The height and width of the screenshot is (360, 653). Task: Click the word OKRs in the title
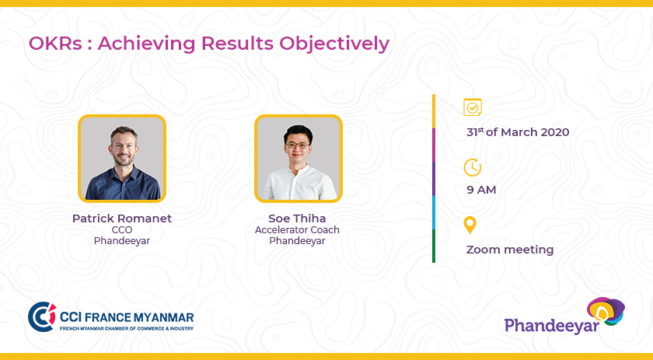pos(55,44)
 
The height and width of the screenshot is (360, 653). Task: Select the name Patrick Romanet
pos(121,218)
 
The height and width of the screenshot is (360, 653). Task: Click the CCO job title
pos(122,230)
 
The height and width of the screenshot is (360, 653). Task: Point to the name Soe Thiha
pos(297,218)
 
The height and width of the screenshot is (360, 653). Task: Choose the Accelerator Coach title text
pos(297,230)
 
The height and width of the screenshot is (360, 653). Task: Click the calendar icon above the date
pos(473,107)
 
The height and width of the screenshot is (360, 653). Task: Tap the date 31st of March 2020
pos(518,132)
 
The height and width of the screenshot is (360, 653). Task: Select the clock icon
pos(473,167)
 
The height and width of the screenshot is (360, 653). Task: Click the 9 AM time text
pos(481,190)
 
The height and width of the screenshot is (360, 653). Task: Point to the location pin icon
pos(470,225)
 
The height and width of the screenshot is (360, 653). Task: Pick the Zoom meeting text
pos(510,250)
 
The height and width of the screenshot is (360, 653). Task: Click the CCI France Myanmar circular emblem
pos(42,317)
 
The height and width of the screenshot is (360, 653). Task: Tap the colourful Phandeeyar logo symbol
pos(606,311)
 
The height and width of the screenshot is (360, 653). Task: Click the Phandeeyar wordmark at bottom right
pos(552,326)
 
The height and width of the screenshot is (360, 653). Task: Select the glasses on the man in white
pos(298,145)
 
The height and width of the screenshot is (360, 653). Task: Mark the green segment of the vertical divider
pos(434,246)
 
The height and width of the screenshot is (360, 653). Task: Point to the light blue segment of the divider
pos(434,212)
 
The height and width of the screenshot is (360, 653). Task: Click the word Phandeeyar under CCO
pos(122,241)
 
